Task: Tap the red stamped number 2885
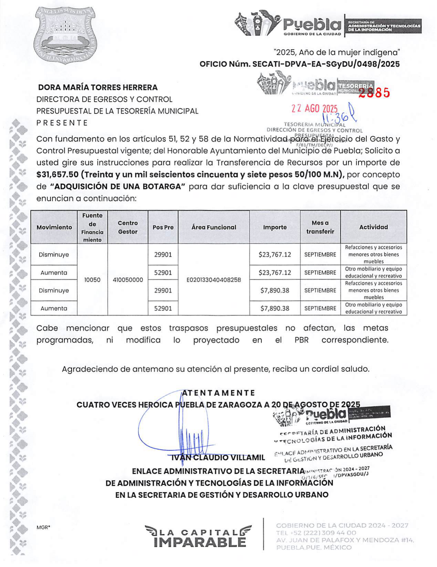tap(374, 92)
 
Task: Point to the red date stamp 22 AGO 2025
tap(315, 109)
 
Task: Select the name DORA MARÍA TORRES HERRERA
tap(98, 87)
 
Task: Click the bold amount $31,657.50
tap(57, 175)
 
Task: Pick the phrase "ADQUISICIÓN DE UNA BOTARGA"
tap(118, 187)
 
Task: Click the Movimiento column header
tap(54, 227)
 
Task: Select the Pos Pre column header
tap(163, 227)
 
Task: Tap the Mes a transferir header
tap(320, 227)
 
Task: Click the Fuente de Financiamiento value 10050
tap(92, 280)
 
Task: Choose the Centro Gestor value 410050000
tap(128, 280)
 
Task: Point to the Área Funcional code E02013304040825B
tap(214, 280)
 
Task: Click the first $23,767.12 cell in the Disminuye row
tap(275, 255)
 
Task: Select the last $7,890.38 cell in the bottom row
tap(275, 308)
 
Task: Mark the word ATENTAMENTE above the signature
tap(218, 393)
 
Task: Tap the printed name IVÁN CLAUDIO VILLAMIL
tap(218, 458)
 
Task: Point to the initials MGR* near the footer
tap(43, 527)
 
